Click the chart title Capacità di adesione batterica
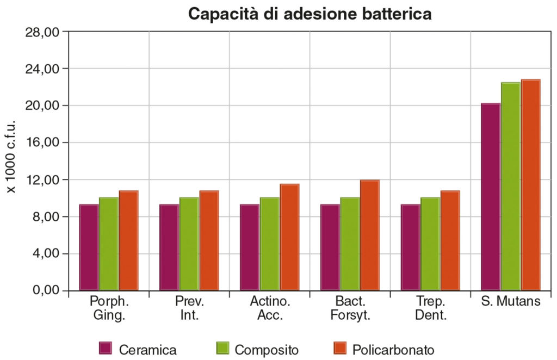[x=310, y=14]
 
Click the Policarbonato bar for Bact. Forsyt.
[x=370, y=235]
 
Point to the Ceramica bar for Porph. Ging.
[x=89, y=247]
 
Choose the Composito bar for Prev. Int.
[x=189, y=244]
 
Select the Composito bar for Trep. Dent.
[x=430, y=244]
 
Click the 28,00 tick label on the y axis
[x=42, y=32]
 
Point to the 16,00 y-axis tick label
[x=42, y=142]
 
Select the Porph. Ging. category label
[x=108, y=308]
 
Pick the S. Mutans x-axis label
[x=511, y=301]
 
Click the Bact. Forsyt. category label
[x=350, y=308]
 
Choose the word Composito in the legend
[x=267, y=349]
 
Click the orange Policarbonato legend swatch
[x=339, y=349]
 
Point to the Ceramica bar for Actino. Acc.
[x=249, y=247]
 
